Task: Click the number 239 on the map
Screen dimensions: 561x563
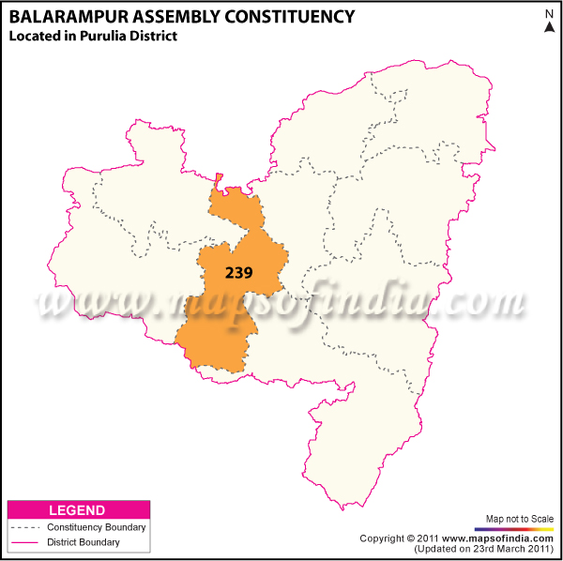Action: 240,271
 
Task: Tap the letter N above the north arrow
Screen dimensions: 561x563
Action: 549,13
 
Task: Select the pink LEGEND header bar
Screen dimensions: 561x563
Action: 78,510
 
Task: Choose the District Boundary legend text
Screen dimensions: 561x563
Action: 84,542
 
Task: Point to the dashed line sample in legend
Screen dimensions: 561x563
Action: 23,528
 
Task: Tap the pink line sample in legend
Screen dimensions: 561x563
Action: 23,543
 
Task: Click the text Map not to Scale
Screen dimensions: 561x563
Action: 520,519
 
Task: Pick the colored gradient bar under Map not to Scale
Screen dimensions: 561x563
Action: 520,529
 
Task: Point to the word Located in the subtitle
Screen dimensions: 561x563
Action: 34,36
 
